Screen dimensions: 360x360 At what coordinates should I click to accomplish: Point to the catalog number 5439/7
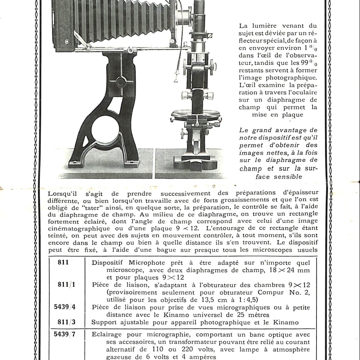point(65,333)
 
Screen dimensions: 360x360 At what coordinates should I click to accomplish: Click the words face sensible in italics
point(278,177)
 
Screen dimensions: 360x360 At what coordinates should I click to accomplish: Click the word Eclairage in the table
point(108,334)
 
